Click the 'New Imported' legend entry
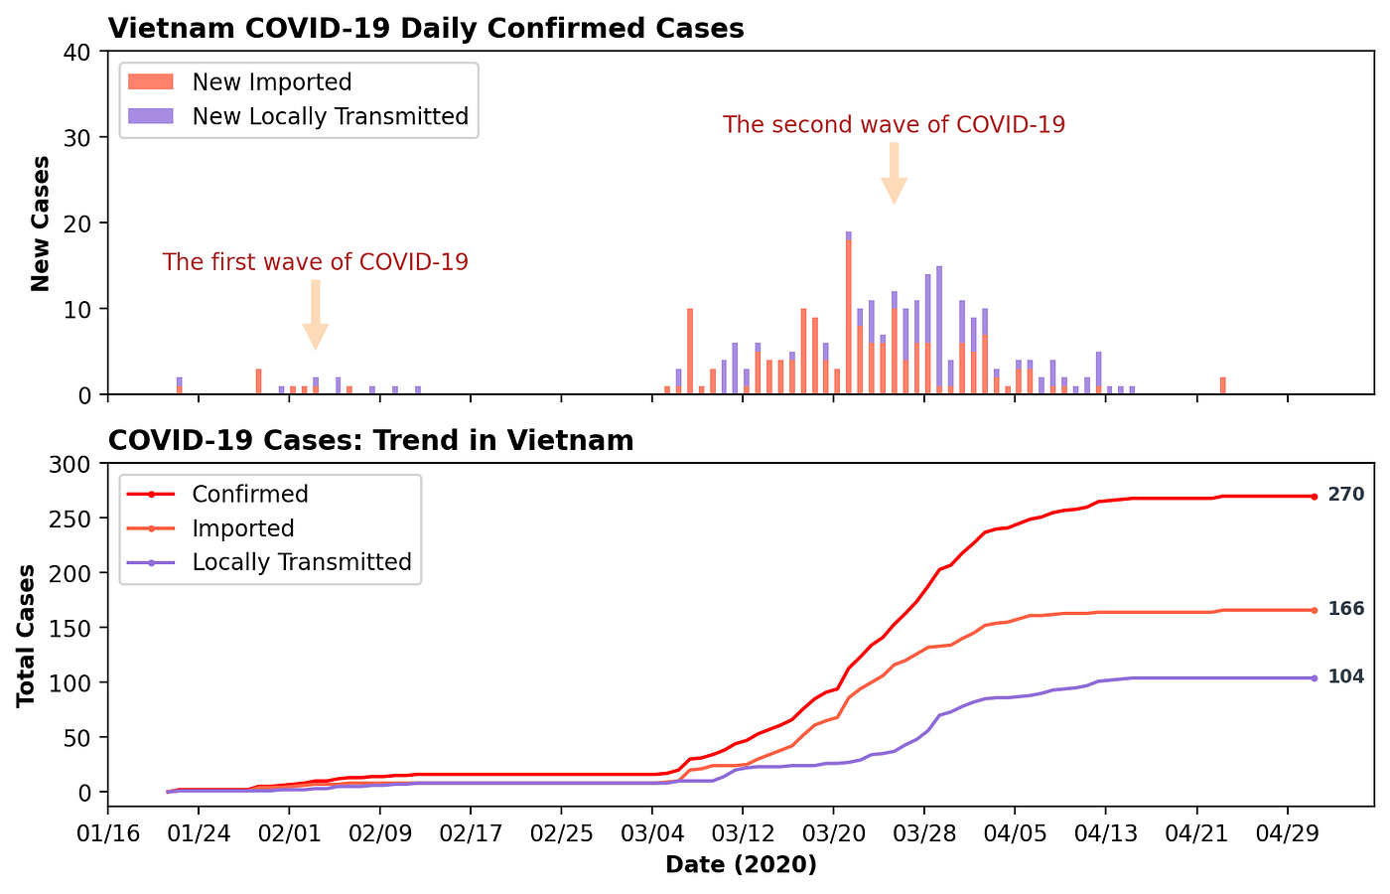(x=272, y=82)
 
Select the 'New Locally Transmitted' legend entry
(x=330, y=116)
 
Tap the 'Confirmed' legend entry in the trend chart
(x=250, y=494)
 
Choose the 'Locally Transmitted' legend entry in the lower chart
(x=302, y=562)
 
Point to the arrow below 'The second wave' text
(x=894, y=173)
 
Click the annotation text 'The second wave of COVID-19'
(x=894, y=125)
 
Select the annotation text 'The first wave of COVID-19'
(x=315, y=262)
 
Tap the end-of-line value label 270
(x=1345, y=495)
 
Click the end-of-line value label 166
(x=1345, y=609)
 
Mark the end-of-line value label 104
(x=1345, y=677)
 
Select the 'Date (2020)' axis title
(x=741, y=865)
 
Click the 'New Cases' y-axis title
(x=41, y=223)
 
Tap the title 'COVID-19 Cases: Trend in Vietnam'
(x=370, y=440)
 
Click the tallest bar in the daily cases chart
(x=849, y=313)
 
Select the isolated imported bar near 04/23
(x=1222, y=386)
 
